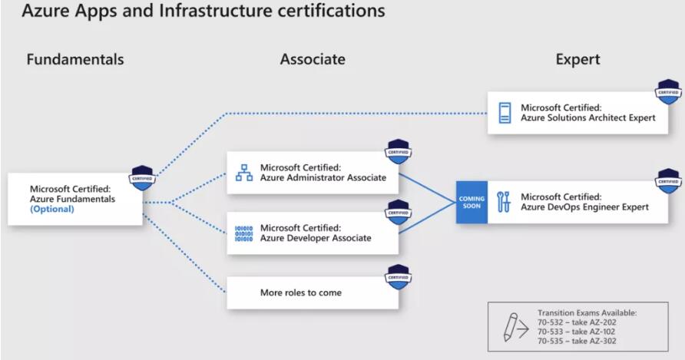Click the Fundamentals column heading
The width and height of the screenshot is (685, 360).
[x=74, y=60]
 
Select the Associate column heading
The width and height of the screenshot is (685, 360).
[x=313, y=60]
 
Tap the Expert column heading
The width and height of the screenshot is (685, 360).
[x=577, y=60]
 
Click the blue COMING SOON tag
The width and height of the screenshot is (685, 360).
[x=472, y=203]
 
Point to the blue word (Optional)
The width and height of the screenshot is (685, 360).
[x=52, y=209]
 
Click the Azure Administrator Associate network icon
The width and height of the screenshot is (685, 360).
[x=243, y=173]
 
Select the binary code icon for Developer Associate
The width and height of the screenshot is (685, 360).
[x=243, y=233]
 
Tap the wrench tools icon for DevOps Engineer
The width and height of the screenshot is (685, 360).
[x=504, y=202]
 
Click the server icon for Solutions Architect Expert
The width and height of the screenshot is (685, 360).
[x=505, y=114]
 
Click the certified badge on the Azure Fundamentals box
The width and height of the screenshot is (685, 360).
[x=142, y=177]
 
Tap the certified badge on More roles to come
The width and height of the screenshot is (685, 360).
[x=398, y=277]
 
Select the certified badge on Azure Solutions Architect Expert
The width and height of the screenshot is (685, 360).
[x=668, y=91]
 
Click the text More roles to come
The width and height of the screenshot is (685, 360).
[x=301, y=292]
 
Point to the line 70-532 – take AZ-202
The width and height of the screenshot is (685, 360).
[x=577, y=322]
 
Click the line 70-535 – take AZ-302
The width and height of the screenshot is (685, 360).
[x=577, y=341]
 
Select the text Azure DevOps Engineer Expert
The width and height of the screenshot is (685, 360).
[x=584, y=207]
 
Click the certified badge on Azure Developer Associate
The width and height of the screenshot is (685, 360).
[x=398, y=213]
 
